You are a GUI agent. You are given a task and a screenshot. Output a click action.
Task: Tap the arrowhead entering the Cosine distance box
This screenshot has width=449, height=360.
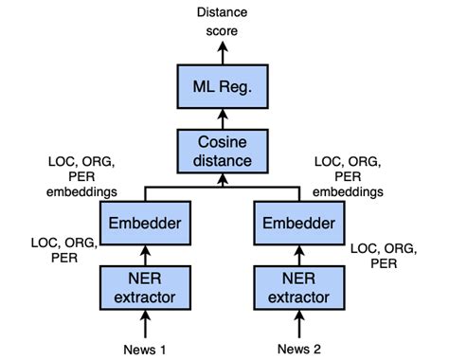(x=224, y=179)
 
